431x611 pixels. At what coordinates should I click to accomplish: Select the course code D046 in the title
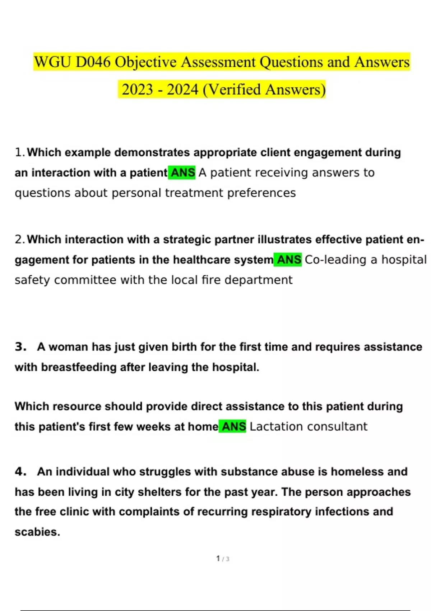click(93, 62)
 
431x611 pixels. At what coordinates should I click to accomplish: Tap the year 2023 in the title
click(137, 89)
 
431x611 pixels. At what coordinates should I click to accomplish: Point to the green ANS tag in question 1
click(182, 173)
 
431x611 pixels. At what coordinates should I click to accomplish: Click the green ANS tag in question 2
click(288, 260)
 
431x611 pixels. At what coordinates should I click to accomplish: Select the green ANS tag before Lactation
click(233, 427)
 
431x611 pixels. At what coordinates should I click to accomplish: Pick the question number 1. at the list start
click(20, 153)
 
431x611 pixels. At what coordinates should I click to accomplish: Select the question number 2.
click(20, 240)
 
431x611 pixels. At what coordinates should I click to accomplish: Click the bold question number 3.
click(20, 347)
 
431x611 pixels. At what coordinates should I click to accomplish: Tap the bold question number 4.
click(20, 472)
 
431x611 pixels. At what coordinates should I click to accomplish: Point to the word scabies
click(37, 532)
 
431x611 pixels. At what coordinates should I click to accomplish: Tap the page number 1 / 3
click(223, 559)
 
